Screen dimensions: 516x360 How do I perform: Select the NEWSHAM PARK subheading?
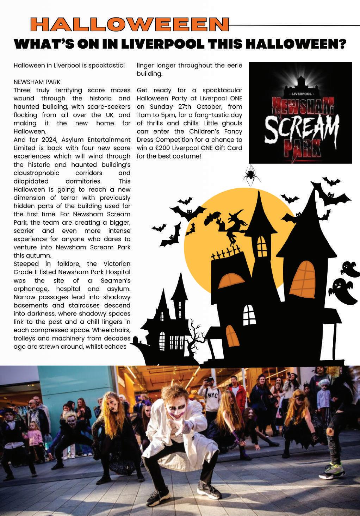coord(37,82)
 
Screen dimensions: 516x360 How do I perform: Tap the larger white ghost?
coord(344,290)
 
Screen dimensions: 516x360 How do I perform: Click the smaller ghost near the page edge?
coord(349,267)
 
